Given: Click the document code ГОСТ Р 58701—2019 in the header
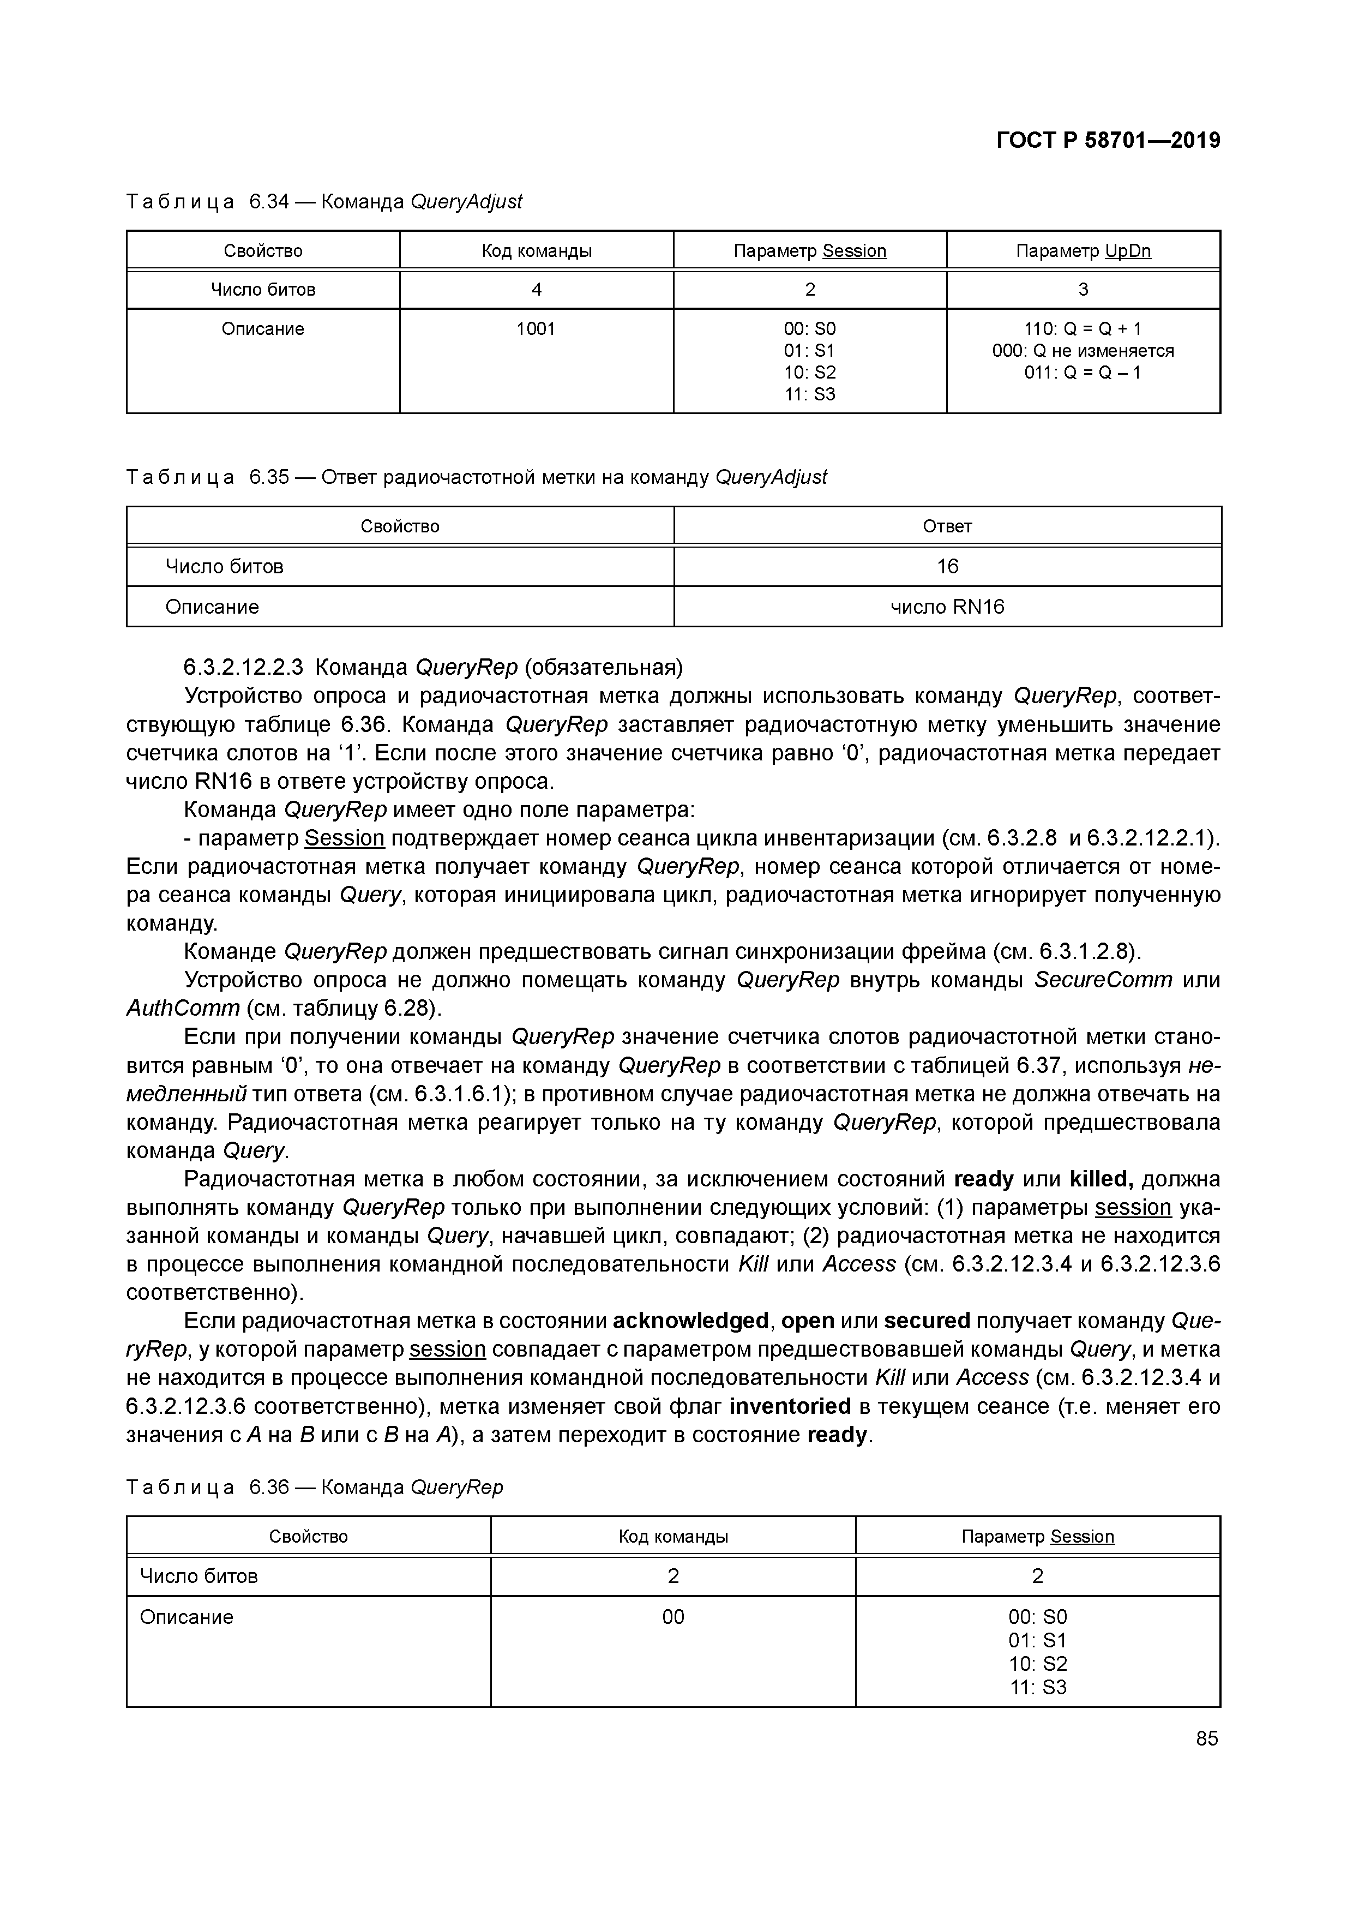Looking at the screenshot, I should coord(1108,140).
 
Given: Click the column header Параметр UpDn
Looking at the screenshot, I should coord(1083,251).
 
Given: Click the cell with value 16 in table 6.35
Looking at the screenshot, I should coord(947,567).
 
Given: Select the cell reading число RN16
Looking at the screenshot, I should coord(947,607).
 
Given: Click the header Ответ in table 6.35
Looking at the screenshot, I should coord(947,526).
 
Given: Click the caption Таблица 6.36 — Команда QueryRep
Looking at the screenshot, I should coord(315,1487).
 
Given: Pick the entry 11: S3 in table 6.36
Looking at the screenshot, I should coord(1037,1687).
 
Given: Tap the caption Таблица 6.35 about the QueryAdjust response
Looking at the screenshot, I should coord(477,477).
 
